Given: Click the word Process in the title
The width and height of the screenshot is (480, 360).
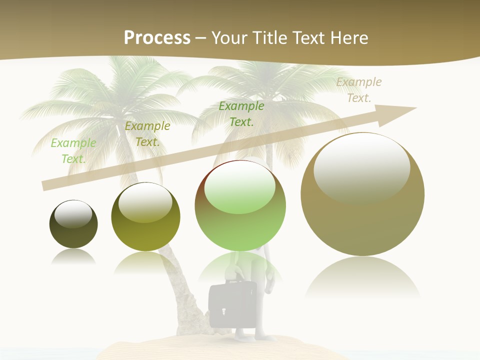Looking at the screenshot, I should pyautogui.click(x=157, y=37).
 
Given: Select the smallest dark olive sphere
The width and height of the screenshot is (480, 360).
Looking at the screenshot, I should pyautogui.click(x=73, y=224).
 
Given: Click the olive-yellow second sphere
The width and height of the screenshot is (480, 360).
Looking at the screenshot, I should pyautogui.click(x=145, y=216).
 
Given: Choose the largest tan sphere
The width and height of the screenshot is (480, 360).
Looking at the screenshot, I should pyautogui.click(x=362, y=194).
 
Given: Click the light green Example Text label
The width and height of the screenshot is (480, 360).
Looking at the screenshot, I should pyautogui.click(x=73, y=150).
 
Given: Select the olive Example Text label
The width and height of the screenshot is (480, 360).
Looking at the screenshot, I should pyautogui.click(x=147, y=133).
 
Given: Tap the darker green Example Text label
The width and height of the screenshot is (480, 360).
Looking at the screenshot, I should pyautogui.click(x=241, y=113).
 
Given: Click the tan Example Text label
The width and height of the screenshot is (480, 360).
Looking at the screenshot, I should pyautogui.click(x=359, y=89).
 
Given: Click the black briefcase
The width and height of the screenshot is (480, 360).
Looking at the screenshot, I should pyautogui.click(x=233, y=305).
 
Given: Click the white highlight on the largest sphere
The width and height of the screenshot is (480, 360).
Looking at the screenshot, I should pyautogui.click(x=361, y=167).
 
